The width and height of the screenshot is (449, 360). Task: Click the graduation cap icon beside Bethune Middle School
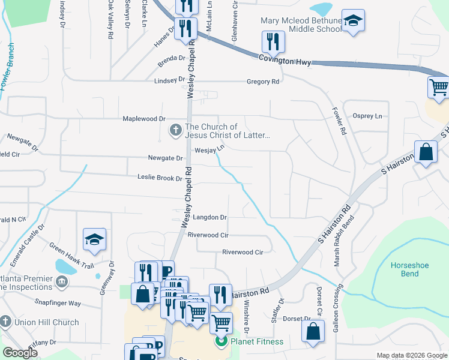(x=354, y=22)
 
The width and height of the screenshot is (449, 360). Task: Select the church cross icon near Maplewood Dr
(x=175, y=130)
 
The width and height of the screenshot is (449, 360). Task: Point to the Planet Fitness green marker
(x=221, y=342)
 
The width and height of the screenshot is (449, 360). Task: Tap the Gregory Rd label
(x=264, y=82)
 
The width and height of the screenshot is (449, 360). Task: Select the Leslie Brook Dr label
(x=160, y=178)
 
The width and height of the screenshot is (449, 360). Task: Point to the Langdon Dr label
(x=209, y=217)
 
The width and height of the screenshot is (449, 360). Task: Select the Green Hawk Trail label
(x=72, y=254)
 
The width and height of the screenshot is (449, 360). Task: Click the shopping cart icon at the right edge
(x=439, y=88)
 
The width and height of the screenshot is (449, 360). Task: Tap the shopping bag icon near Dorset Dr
(x=313, y=331)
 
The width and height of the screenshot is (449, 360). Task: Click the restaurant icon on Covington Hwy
(x=273, y=41)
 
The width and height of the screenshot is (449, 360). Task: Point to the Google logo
(x=20, y=353)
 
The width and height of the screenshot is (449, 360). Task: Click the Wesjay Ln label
(x=209, y=149)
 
